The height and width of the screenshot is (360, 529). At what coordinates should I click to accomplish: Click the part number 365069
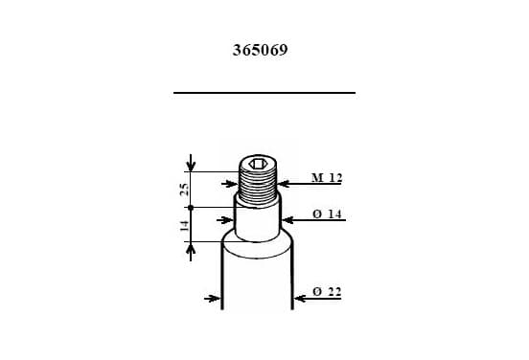click(260, 50)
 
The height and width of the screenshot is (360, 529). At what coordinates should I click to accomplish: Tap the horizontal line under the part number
click(264, 92)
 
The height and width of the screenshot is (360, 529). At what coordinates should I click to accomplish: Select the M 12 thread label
click(327, 177)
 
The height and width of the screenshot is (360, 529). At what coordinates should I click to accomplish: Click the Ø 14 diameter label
click(327, 214)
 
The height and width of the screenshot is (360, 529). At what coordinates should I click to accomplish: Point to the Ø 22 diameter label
click(327, 292)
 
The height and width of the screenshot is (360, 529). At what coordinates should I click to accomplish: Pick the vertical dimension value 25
click(184, 190)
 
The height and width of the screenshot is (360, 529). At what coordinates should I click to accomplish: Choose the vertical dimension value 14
click(184, 226)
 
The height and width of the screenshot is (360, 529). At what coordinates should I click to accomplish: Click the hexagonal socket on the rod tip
click(258, 164)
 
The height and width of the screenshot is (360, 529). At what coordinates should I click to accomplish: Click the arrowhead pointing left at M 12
click(284, 184)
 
